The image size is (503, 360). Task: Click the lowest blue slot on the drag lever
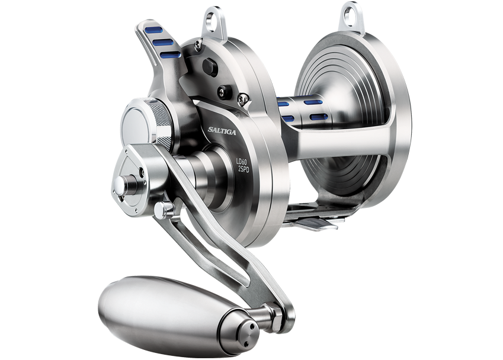169,54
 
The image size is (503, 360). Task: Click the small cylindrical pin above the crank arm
168,208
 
